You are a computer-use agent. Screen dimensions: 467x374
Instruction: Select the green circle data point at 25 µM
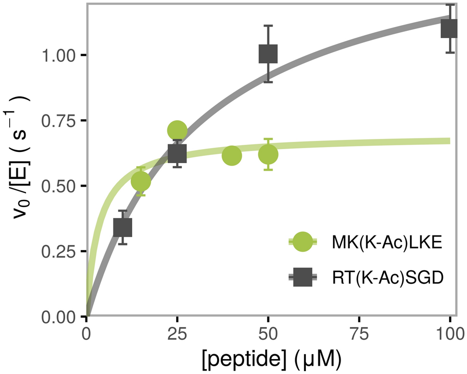click(x=177, y=130)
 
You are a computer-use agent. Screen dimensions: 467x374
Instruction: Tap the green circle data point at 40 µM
click(x=232, y=155)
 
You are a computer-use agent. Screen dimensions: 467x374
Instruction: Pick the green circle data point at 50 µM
click(x=268, y=154)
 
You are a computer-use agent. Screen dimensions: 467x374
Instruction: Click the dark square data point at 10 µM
click(x=123, y=227)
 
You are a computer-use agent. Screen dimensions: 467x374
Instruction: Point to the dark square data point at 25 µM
click(x=177, y=153)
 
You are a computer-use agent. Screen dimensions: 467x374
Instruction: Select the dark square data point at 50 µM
click(x=268, y=54)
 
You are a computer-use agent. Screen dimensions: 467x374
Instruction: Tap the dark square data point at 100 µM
click(x=449, y=28)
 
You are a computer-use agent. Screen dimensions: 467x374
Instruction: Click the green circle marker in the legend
click(x=302, y=242)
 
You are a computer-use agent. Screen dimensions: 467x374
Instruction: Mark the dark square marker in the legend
click(x=302, y=277)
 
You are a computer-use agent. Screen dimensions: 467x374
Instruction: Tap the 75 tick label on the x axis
click(x=359, y=334)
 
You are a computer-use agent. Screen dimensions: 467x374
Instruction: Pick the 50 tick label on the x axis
click(x=268, y=334)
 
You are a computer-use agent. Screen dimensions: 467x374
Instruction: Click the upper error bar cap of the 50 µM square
click(x=268, y=26)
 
